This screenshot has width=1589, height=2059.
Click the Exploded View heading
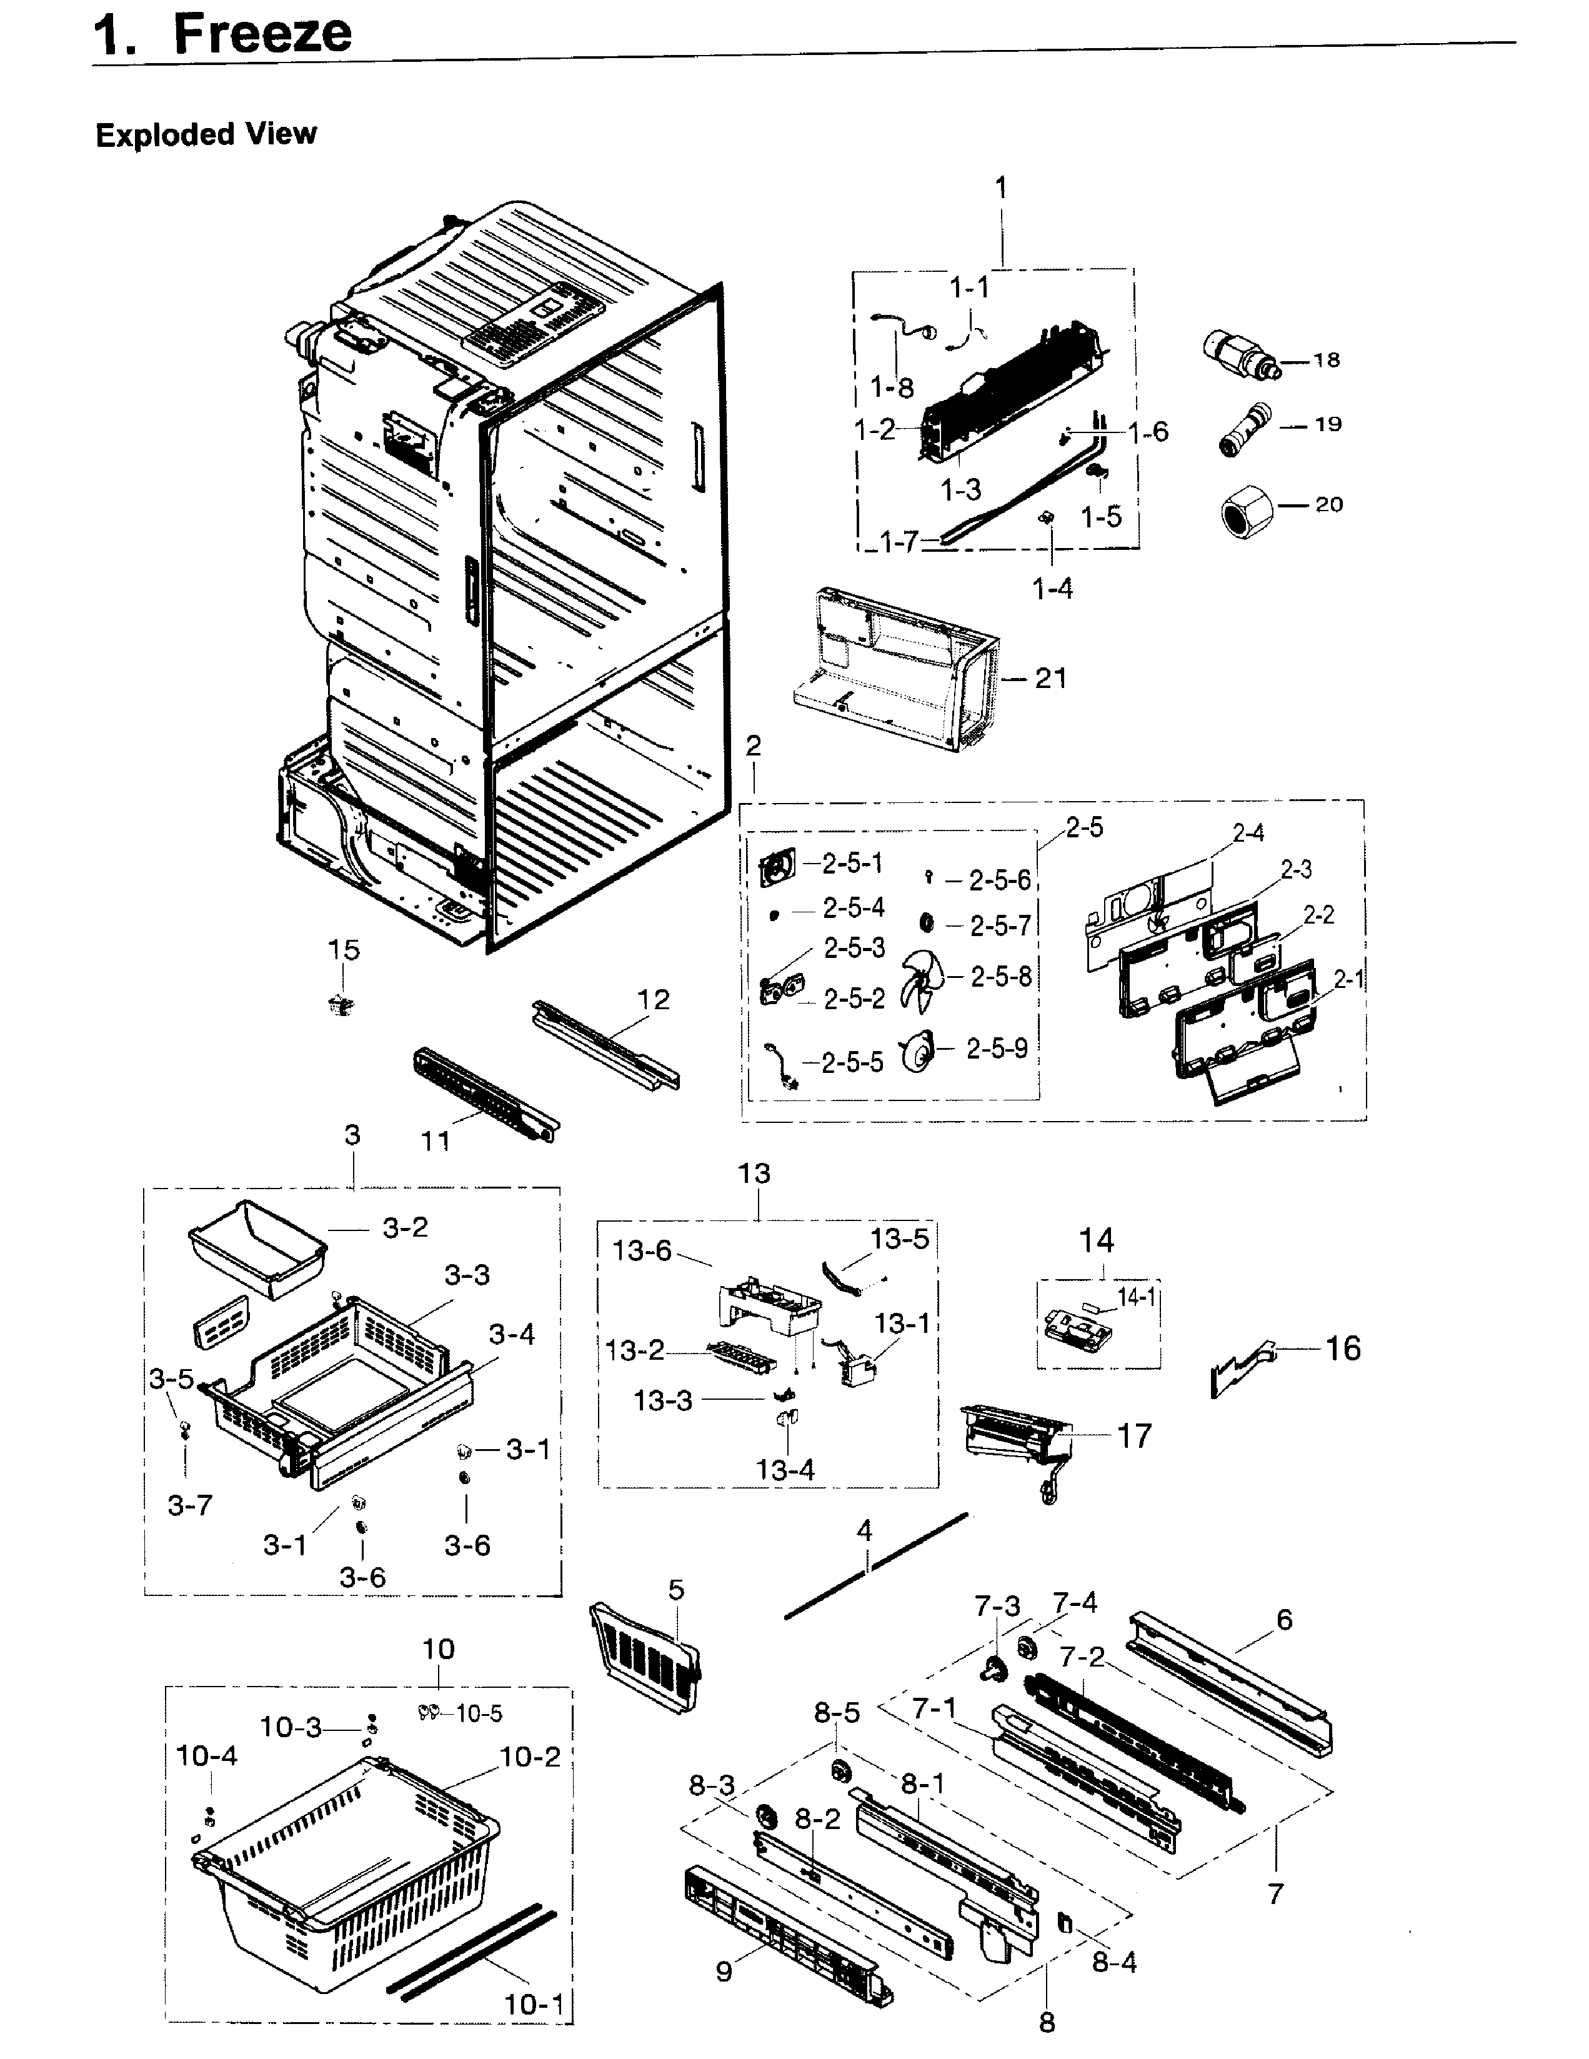206,135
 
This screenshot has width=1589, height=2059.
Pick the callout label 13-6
641,1251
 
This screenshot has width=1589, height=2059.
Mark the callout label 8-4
1114,1963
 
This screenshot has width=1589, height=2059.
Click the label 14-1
1136,1298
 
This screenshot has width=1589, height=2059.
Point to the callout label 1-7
897,542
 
